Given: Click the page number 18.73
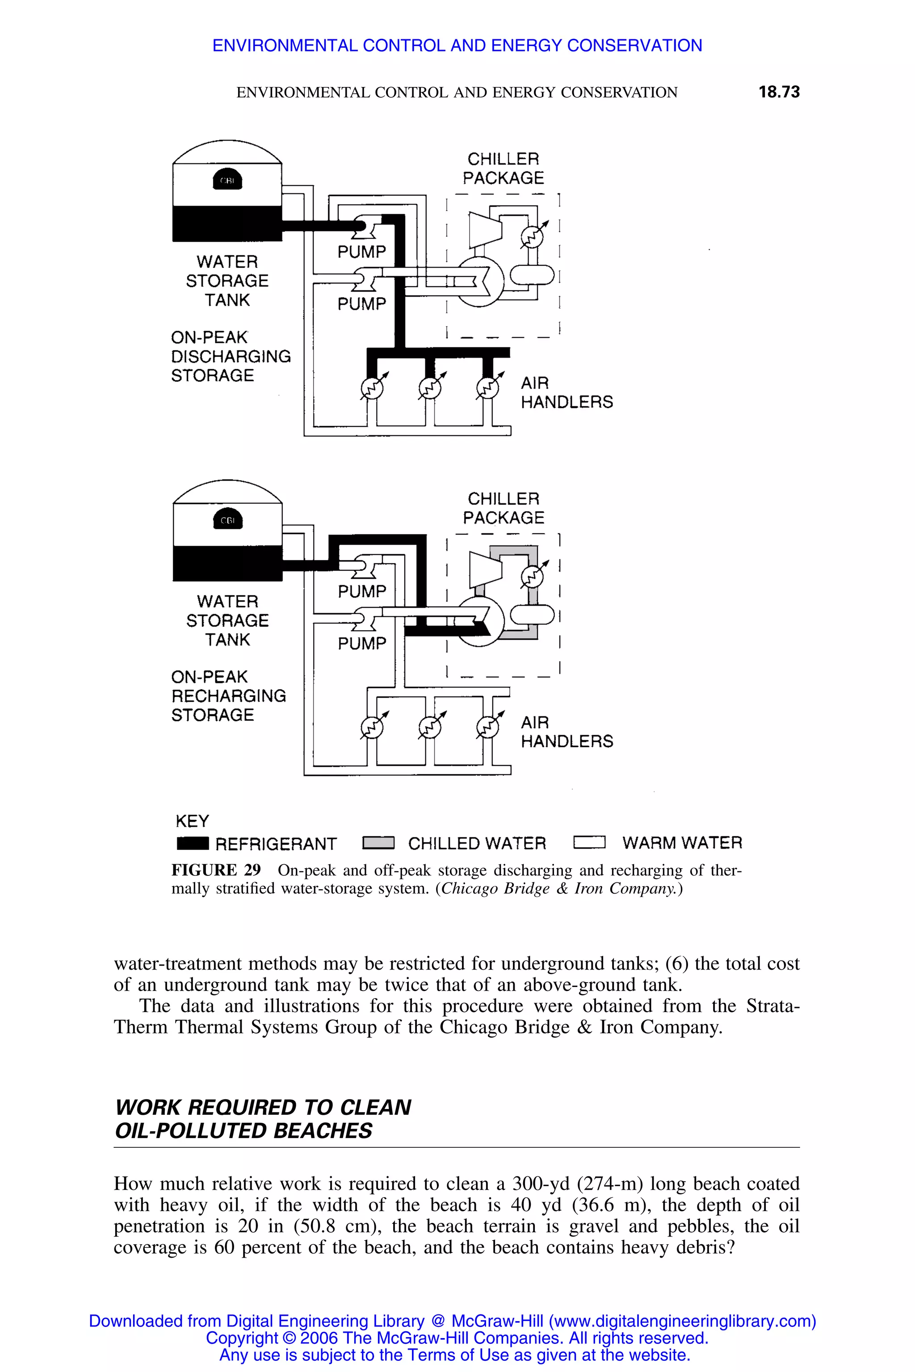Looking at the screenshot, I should pos(778,92).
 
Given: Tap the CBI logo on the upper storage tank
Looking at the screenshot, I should pos(227,180).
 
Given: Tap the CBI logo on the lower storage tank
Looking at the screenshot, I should pos(227,520).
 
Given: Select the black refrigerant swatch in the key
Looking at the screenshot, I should pos(193,843).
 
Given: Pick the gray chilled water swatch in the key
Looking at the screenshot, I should pos(378,843).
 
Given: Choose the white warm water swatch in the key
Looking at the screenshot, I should pos(589,842).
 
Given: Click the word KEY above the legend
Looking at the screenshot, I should pos(192,821).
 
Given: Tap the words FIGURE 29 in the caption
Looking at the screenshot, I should pos(216,870).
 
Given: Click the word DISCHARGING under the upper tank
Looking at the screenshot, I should pos(231,356).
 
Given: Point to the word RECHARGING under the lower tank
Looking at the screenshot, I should pos(229,696).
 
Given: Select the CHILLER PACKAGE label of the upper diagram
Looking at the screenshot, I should pos(503,168).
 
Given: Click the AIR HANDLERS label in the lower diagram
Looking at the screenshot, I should pos(567,732).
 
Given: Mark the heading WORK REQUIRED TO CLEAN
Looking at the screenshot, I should pos(263,1107).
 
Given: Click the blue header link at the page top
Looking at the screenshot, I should pos(457,46).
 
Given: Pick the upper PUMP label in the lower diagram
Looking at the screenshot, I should pos(362,591).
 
